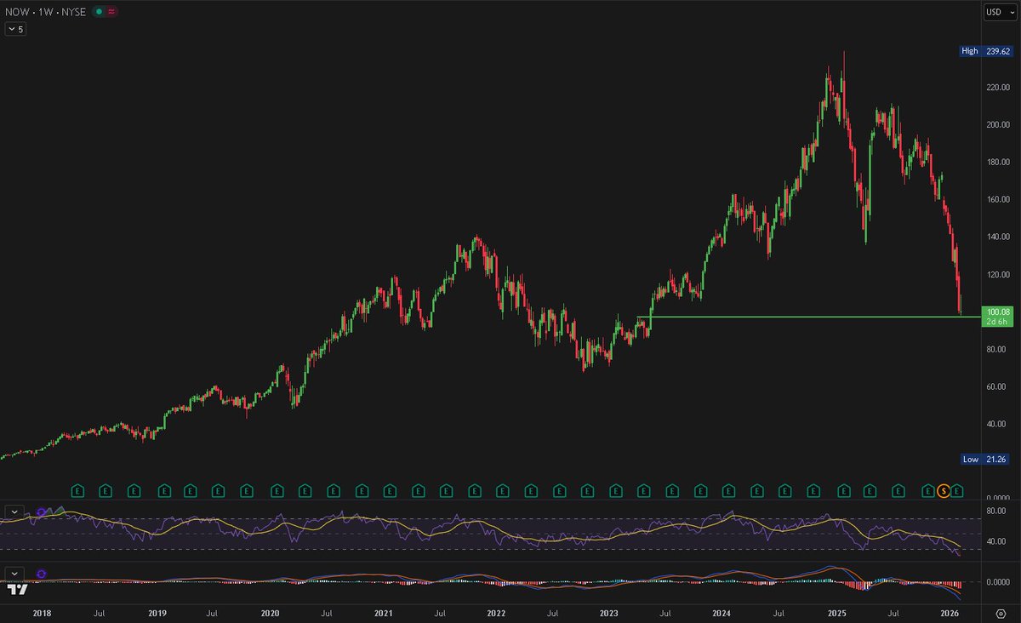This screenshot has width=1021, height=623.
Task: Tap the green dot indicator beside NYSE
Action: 100,12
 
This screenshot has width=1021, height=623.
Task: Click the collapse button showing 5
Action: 15,29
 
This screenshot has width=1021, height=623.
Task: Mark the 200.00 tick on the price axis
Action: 996,124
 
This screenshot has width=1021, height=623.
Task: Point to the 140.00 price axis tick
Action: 996,237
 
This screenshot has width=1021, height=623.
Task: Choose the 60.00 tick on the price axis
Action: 996,386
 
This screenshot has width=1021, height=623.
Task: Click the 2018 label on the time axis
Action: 40,613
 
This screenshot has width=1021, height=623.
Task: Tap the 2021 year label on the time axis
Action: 384,613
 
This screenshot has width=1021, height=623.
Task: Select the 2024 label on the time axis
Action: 722,613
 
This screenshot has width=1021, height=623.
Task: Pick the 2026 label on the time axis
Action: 950,613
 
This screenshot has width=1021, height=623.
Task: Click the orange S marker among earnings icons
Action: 943,490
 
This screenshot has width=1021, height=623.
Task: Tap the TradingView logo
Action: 17,589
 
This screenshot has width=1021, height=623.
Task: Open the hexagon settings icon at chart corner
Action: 1001,613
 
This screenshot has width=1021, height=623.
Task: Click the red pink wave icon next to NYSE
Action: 112,12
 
